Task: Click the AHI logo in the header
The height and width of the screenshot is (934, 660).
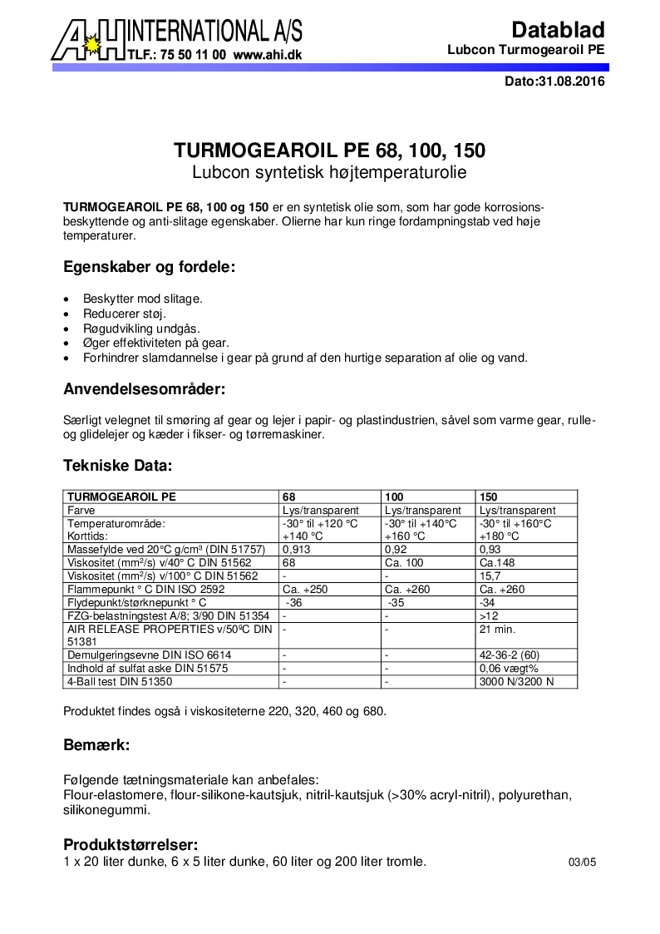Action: click(x=87, y=40)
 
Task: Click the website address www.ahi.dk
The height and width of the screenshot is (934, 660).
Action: click(x=267, y=54)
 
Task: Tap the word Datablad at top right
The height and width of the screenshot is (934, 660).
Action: click(x=558, y=31)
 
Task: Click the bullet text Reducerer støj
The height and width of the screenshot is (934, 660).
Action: click(x=125, y=314)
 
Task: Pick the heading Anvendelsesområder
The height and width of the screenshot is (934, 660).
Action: click(x=145, y=388)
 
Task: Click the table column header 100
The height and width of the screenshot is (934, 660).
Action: click(x=394, y=497)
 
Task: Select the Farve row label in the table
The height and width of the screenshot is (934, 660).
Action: click(x=81, y=510)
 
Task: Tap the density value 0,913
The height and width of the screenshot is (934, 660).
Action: click(x=297, y=550)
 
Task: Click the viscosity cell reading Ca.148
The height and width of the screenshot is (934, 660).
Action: click(x=495, y=563)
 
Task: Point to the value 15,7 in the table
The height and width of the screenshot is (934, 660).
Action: click(x=490, y=576)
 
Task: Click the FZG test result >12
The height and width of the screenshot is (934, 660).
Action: click(x=489, y=615)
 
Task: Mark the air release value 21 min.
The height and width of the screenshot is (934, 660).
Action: click(x=498, y=629)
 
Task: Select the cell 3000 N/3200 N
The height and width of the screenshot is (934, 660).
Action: click(x=516, y=682)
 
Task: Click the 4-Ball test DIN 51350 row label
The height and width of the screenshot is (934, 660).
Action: click(x=120, y=682)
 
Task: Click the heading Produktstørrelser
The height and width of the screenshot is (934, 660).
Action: click(x=131, y=845)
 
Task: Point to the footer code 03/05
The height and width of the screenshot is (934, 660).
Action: click(x=582, y=862)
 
